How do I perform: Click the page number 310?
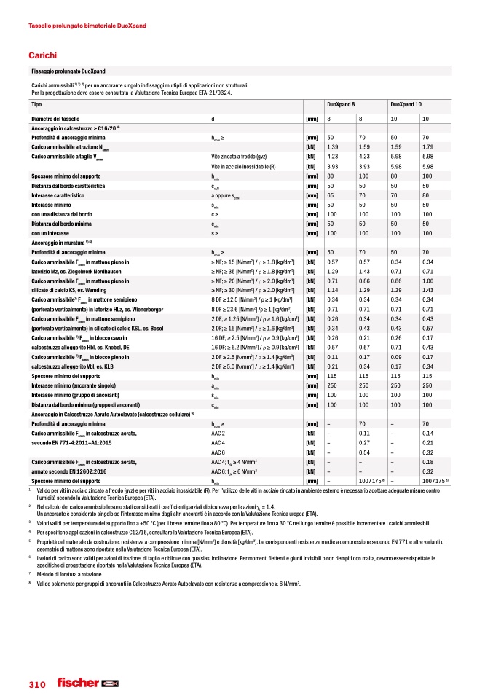pyautogui.click(x=37, y=685)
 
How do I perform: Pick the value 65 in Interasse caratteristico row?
pyautogui.click(x=331, y=196)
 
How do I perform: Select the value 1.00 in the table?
pyautogui.click(x=427, y=281)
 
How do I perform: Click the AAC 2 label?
pyautogui.click(x=218, y=434)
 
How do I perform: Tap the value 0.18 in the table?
pyautogui.click(x=427, y=462)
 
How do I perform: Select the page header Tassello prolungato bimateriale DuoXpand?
pyautogui.click(x=87, y=26)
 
